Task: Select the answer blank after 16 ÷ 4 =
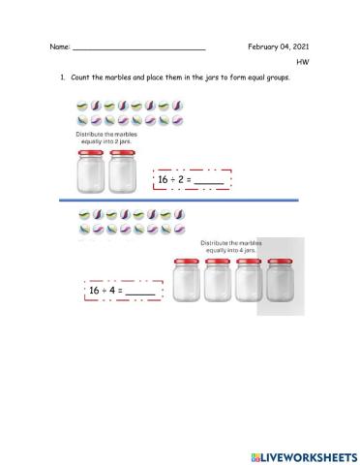(140, 291)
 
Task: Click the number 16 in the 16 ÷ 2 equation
(164, 179)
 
